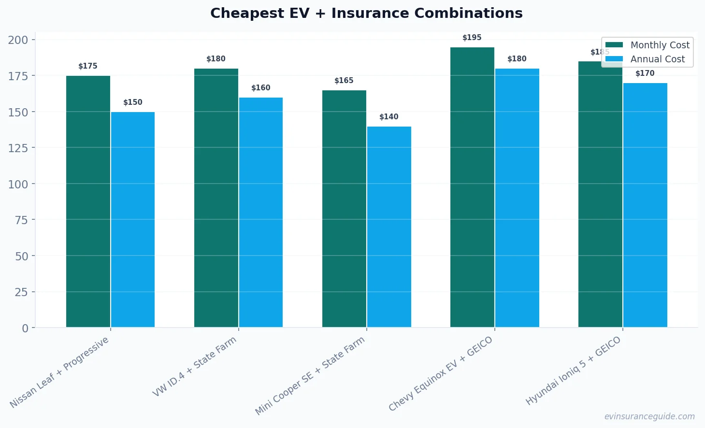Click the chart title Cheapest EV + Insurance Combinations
coord(366,13)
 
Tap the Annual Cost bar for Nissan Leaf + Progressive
coord(133,220)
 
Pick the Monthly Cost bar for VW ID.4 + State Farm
coord(216,198)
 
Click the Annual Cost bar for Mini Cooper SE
coord(389,227)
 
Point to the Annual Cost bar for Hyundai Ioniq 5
coord(645,205)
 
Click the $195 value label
coord(472,38)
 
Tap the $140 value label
coord(388,117)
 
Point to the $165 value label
coord(344,81)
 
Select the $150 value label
coord(132,102)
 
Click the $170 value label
coord(645,73)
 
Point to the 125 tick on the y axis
coord(18,148)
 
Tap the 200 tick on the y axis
coord(18,40)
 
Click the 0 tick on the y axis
coord(25,328)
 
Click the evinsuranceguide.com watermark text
coord(649,416)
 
